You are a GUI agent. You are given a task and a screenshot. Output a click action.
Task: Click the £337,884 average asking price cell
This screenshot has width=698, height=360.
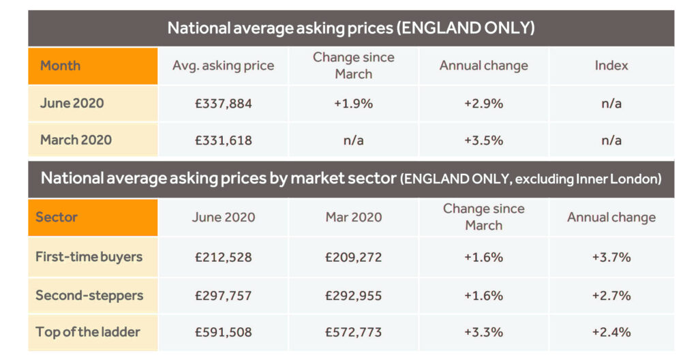(x=223, y=104)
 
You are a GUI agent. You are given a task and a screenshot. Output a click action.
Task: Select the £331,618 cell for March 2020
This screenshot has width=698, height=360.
(x=223, y=140)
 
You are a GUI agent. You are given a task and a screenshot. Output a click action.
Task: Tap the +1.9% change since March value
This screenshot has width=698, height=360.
(x=353, y=104)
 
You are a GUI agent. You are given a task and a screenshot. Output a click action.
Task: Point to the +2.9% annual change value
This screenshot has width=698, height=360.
(x=483, y=104)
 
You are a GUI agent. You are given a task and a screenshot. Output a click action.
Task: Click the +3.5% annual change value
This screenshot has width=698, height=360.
(x=483, y=140)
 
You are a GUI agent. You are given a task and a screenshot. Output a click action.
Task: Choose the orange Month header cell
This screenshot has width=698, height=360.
(x=93, y=66)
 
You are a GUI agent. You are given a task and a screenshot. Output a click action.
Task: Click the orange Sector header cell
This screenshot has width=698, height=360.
(x=93, y=217)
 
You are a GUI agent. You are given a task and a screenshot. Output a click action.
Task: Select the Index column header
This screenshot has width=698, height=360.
(x=611, y=66)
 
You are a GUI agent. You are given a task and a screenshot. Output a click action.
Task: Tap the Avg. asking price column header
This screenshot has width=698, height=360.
(x=223, y=66)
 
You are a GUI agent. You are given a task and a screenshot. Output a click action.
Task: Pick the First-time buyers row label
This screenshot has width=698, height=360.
(x=89, y=257)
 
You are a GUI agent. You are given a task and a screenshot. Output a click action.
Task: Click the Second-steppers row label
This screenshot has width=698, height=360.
(x=89, y=295)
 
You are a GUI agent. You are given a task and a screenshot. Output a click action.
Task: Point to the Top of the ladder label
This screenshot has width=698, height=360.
(x=88, y=332)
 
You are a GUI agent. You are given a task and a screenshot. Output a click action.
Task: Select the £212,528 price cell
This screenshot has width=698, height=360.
(x=223, y=257)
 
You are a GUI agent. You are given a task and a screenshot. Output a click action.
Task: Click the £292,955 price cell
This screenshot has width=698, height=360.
(x=353, y=295)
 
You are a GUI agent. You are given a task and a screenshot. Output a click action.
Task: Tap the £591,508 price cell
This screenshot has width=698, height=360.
(x=223, y=332)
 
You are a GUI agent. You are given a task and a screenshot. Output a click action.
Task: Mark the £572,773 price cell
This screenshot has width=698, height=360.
(x=353, y=332)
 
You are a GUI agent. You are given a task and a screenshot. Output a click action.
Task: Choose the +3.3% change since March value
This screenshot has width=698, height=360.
(x=483, y=332)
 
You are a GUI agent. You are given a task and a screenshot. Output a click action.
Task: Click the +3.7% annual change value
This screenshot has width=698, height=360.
(x=611, y=257)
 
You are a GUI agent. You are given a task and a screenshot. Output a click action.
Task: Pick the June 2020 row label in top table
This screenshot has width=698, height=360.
(x=72, y=104)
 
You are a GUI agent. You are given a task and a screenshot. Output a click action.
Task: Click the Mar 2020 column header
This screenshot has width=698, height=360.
(x=353, y=217)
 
